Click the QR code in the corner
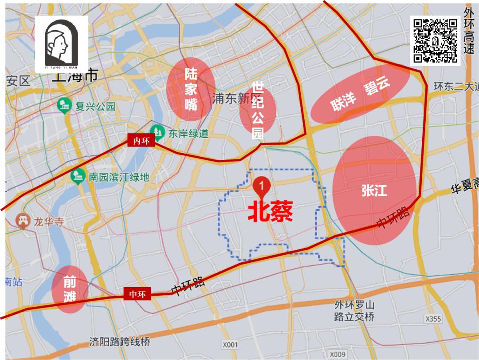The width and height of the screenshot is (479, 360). tap(435, 40)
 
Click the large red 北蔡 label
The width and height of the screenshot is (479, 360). tap(270, 213)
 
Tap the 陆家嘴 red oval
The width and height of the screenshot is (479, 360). tap(191, 89)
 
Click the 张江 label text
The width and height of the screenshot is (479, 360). tap(374, 191)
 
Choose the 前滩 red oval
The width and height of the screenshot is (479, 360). tap(69, 289)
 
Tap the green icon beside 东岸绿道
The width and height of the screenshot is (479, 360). tap(157, 132)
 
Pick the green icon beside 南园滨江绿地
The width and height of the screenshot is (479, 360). tap(79, 177)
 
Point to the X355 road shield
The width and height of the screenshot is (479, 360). tap(433, 319)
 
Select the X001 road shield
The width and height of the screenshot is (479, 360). tap(230, 344)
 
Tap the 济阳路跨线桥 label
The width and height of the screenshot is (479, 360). tap(120, 342)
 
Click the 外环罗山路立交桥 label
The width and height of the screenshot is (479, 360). tap(355, 311)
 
